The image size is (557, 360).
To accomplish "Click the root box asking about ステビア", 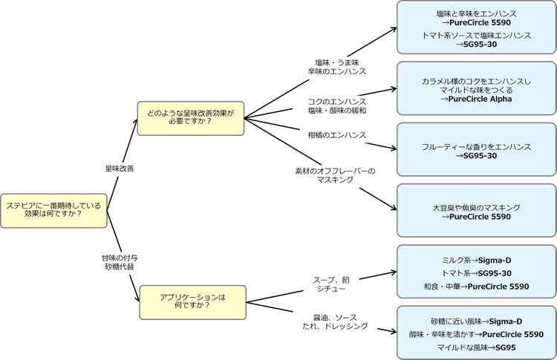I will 54,209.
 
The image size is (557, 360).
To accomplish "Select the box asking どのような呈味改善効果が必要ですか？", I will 191,118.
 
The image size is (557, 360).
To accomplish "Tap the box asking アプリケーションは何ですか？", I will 192,301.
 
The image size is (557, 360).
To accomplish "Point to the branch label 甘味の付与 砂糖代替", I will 119,261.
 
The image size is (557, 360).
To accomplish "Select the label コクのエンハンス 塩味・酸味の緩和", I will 337,105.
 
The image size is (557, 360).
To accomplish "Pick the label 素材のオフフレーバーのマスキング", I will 335,175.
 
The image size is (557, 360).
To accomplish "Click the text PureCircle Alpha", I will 475,99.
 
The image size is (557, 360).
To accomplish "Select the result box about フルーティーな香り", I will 475,150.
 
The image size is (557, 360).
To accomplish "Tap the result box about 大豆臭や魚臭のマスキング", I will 475,212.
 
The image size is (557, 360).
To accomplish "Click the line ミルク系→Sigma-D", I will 476,261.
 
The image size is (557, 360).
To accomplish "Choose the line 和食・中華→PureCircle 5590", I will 476,286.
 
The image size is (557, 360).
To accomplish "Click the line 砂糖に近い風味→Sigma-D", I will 476,321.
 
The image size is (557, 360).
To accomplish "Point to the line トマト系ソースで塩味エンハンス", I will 476,35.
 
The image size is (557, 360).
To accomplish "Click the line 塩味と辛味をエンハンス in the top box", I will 476,13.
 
